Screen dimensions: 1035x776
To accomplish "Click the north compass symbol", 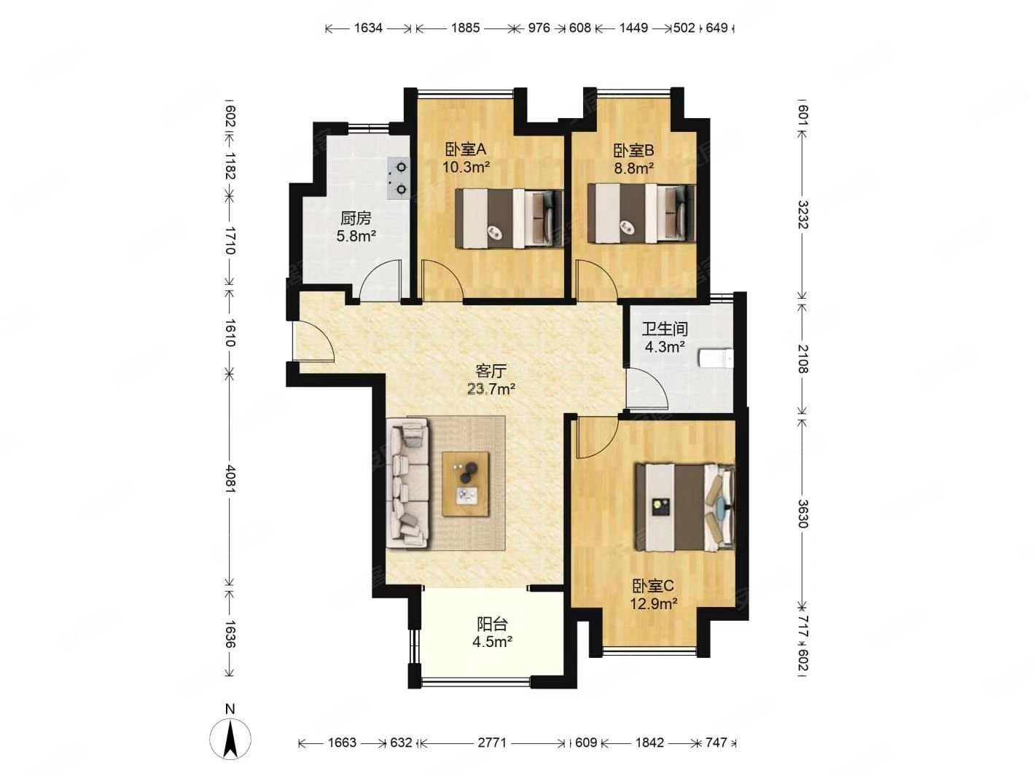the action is [230, 738].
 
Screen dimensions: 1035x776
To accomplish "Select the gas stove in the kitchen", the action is [399, 178].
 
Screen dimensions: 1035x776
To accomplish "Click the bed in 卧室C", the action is [685, 507].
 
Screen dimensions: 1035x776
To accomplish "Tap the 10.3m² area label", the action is [466, 167].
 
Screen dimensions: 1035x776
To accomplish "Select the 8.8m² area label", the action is [633, 168].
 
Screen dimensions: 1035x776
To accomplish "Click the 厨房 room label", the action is [356, 218].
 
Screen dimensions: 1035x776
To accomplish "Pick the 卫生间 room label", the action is [665, 329].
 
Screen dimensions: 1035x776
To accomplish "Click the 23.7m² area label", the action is [491, 389].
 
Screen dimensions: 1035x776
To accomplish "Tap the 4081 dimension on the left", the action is [230, 479].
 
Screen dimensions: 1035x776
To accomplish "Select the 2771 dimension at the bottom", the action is [492, 742].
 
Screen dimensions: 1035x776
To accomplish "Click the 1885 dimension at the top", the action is [465, 28].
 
